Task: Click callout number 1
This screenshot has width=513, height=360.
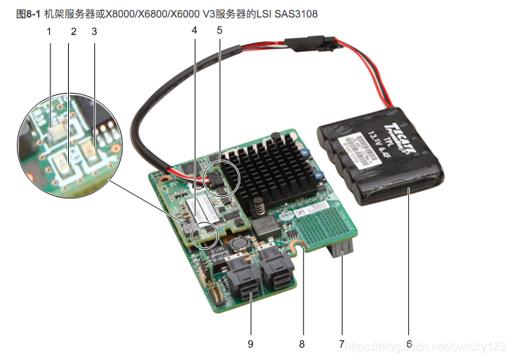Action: point(49,31)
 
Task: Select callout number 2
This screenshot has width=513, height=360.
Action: point(73,31)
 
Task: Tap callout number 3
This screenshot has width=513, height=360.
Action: point(94,31)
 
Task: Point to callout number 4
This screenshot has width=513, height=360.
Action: point(194,31)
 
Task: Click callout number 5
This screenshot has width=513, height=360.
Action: point(219,31)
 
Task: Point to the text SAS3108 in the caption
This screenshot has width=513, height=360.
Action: point(299,14)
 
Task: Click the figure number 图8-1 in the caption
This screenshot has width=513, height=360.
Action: point(28,14)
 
